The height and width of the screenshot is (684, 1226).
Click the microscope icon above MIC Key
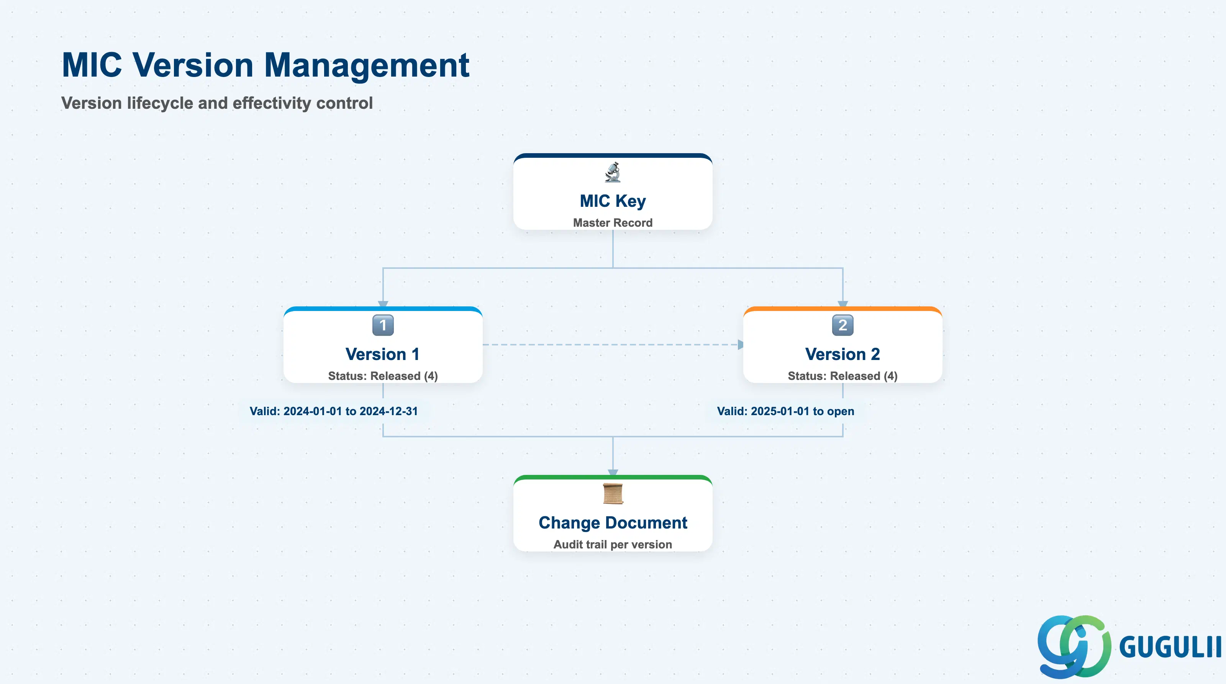coord(613,172)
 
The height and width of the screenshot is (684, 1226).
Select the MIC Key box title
coord(613,201)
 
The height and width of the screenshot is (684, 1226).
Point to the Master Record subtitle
coord(613,223)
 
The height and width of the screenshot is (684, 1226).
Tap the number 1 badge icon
coord(383,326)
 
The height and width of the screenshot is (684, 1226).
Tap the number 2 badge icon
coord(842,326)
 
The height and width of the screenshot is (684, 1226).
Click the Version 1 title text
coord(383,354)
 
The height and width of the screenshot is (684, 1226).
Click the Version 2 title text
coord(842,354)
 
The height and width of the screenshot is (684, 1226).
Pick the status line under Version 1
coord(383,376)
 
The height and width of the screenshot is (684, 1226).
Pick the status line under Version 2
coord(842,376)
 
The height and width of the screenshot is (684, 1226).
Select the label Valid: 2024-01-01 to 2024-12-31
coord(334,411)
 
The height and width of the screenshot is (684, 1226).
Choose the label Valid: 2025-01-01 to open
coord(785,411)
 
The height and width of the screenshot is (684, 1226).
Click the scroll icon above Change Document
coord(613,494)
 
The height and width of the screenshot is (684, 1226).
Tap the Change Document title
coord(613,523)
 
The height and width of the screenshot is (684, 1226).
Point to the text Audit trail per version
coord(613,544)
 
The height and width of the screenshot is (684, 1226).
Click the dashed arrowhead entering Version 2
coord(740,344)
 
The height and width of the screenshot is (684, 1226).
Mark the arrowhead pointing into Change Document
coord(613,472)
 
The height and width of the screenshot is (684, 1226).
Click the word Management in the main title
coord(367,65)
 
